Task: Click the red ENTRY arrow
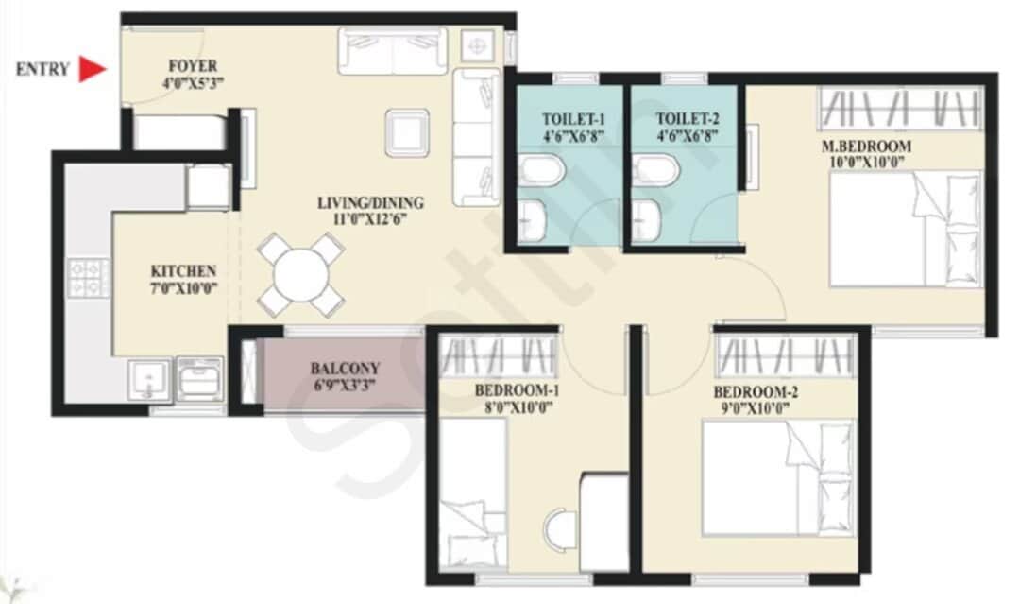92,69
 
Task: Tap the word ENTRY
42,69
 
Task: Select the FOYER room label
193,66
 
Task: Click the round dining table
301,274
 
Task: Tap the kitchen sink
149,381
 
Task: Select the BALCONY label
345,368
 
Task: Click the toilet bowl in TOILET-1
541,172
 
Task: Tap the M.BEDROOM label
866,146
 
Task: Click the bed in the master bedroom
905,229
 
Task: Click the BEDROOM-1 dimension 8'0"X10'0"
513,407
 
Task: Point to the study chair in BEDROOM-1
560,526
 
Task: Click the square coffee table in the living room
407,132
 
